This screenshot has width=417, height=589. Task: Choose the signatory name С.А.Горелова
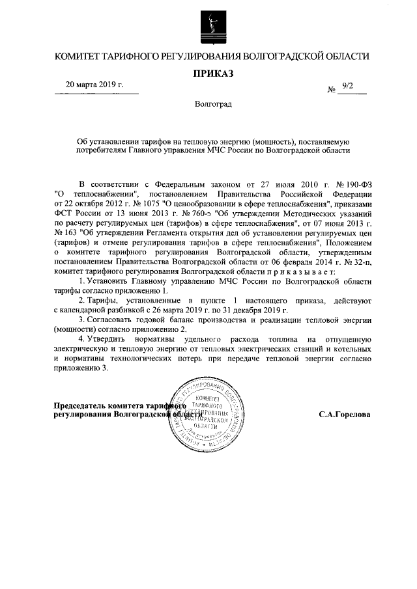(345, 415)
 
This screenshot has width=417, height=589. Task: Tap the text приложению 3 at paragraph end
(83, 368)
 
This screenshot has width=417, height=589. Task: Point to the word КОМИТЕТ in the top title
(81, 57)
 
